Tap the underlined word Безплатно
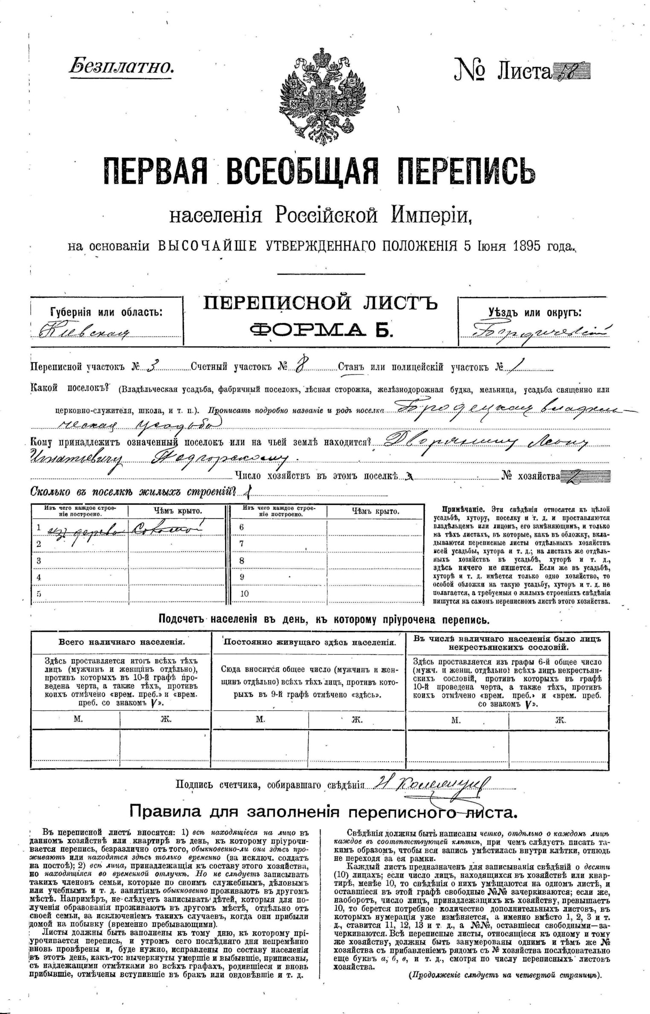(121, 67)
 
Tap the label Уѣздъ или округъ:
(535, 312)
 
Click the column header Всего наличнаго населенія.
(122, 642)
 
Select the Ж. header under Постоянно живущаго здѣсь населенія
(356, 720)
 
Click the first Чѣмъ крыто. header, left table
(178, 511)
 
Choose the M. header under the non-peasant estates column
(456, 720)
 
